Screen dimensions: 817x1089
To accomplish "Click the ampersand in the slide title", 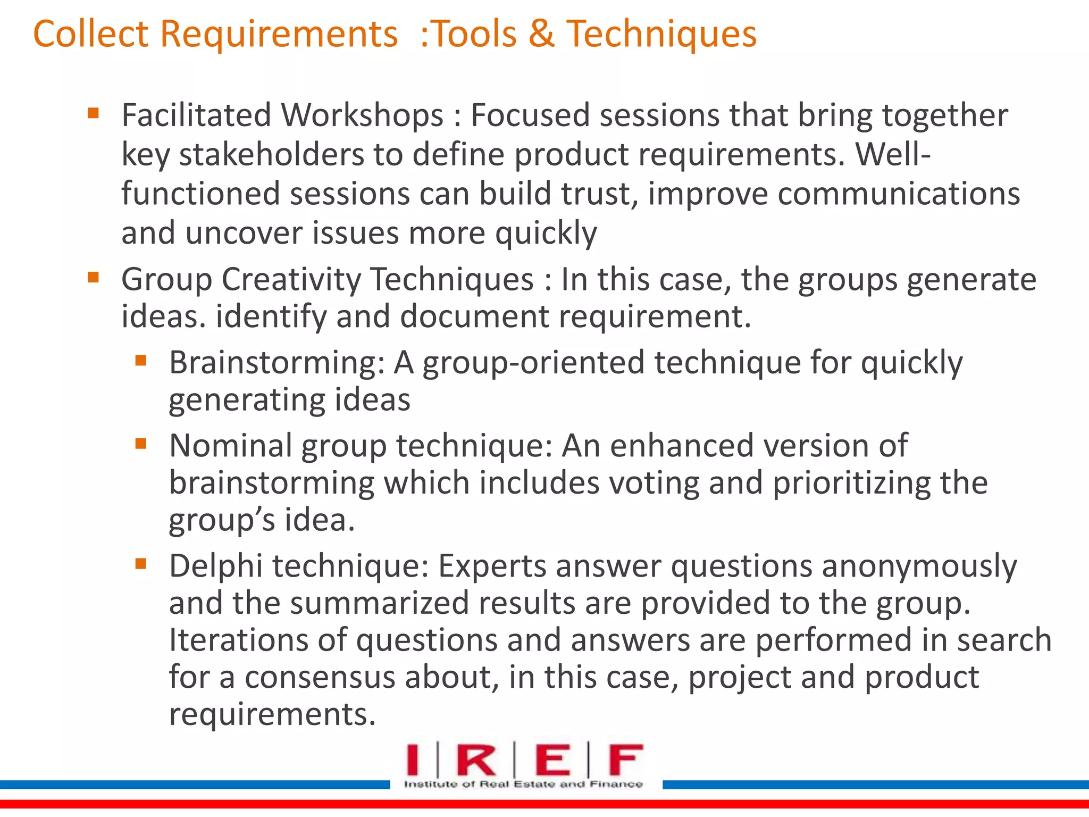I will click(x=541, y=34).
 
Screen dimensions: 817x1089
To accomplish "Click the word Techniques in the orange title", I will click(x=661, y=34).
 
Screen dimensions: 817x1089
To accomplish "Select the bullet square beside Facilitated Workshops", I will click(x=94, y=113).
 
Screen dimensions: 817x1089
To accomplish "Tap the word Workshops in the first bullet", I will click(x=362, y=115).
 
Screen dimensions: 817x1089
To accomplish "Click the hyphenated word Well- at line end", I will click(x=893, y=155).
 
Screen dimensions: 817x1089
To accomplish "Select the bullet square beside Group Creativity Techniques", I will click(x=94, y=277).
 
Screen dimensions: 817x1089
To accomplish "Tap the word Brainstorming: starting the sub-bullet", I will click(x=277, y=363).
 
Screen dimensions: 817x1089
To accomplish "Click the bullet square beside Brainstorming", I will click(x=141, y=361).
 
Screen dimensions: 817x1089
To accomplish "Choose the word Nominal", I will click(x=230, y=445).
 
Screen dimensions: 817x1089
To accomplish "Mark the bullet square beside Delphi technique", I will click(x=141, y=563).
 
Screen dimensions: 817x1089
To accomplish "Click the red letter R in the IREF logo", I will click(x=476, y=761).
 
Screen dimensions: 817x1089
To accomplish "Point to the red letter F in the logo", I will click(x=626, y=761).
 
